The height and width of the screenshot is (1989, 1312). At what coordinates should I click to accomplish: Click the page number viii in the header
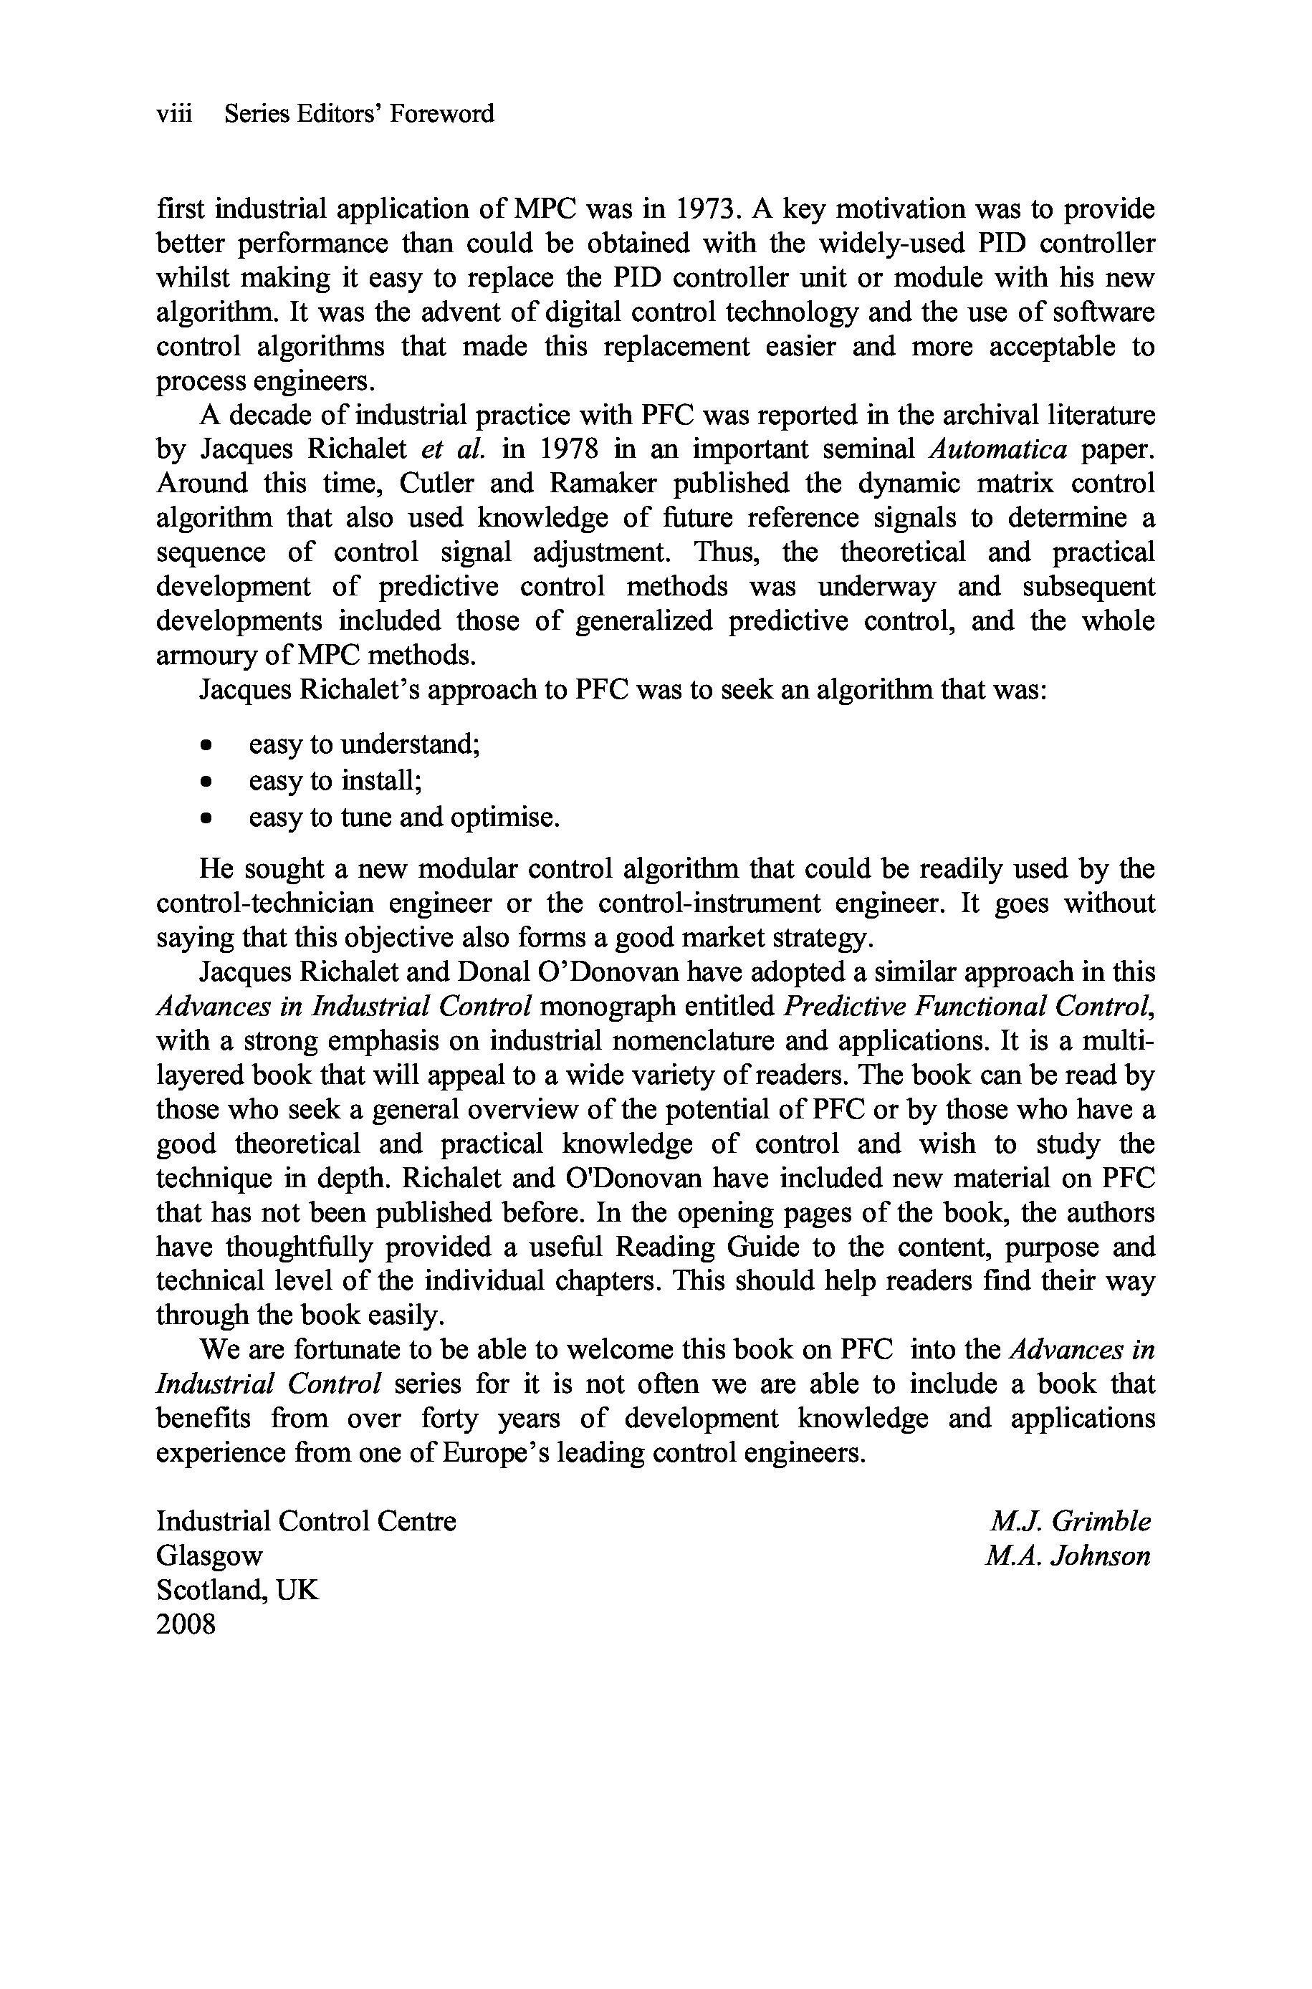click(174, 114)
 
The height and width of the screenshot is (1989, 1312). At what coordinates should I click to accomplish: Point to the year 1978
click(569, 450)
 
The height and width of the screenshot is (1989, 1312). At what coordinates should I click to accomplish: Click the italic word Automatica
click(998, 450)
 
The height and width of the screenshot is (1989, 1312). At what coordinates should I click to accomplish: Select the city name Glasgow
click(209, 1556)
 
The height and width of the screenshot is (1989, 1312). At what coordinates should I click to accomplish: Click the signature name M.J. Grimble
click(1071, 1521)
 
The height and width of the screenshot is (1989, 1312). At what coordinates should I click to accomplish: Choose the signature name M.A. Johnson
click(1068, 1556)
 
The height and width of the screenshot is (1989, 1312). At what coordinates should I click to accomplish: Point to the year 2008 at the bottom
click(186, 1624)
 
